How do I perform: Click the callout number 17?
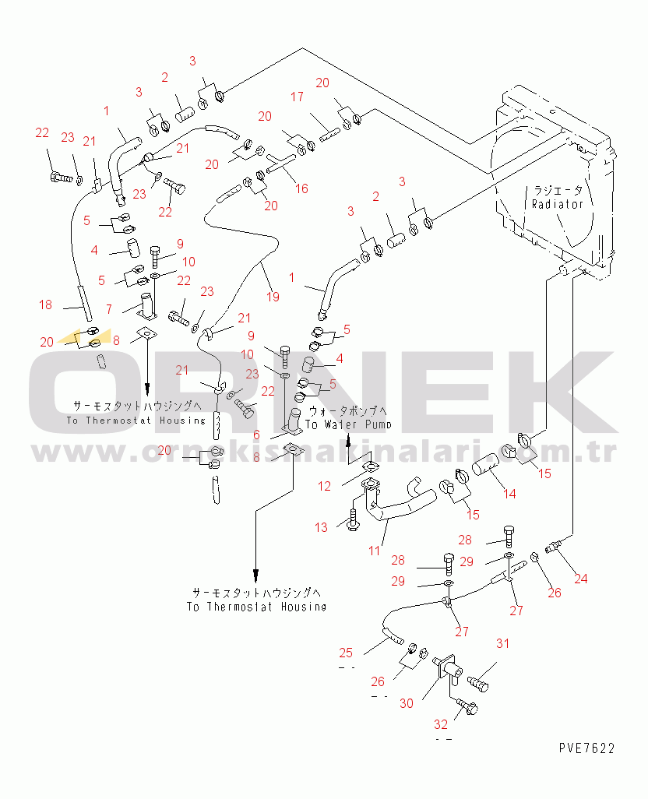point(298,97)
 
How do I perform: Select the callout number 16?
point(301,188)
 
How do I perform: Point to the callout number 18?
point(46,304)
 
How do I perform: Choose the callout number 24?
point(581,579)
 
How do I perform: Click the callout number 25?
point(346,652)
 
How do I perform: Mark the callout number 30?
point(407,703)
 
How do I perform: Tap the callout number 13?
point(322,528)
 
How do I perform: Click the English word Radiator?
point(557,204)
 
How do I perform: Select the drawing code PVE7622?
point(586,748)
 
